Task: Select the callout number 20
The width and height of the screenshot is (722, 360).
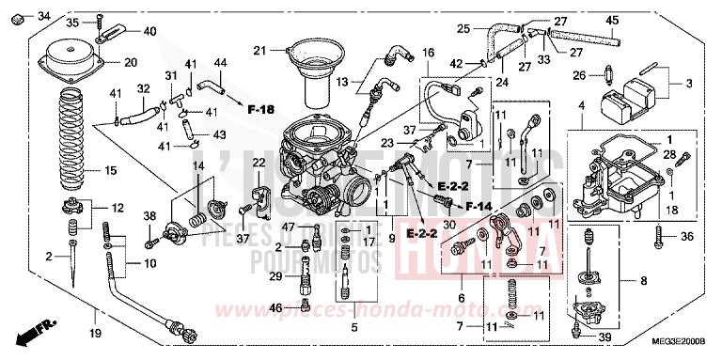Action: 130,63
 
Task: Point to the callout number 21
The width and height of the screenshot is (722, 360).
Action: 260,49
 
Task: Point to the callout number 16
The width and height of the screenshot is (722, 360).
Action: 429,55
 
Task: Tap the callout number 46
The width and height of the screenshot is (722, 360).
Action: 275,308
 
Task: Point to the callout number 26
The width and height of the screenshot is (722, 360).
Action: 580,75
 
